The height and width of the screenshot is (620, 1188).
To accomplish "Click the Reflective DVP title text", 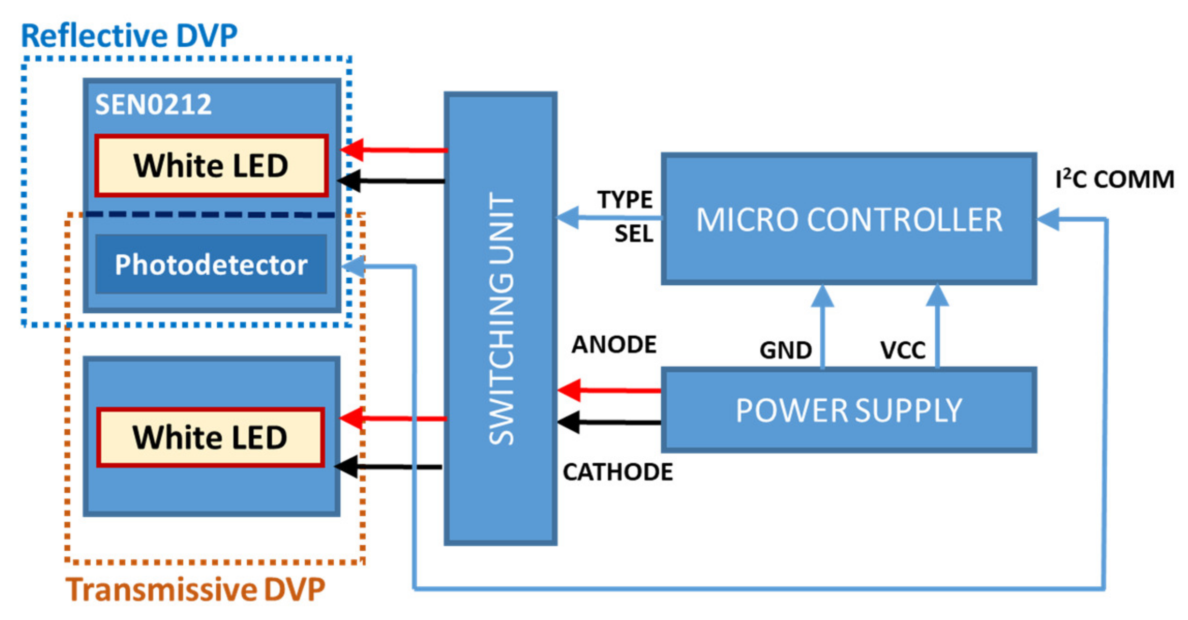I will point(129,36).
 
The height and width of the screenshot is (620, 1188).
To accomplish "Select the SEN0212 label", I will point(153,104).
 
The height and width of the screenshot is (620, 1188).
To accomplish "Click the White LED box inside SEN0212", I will point(211,166).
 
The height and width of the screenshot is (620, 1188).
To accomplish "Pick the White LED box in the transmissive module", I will point(210,438).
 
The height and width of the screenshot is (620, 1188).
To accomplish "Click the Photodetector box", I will point(211,265).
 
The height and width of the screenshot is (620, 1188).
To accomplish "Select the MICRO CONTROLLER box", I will point(849,219).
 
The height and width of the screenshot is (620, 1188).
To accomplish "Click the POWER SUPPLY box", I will point(849,410).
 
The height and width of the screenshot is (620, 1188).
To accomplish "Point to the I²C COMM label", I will point(1115,180).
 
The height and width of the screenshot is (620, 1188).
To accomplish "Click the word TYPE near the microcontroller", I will point(625,200).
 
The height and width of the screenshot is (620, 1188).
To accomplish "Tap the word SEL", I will point(634,234).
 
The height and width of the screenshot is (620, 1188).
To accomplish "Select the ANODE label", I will point(614,345).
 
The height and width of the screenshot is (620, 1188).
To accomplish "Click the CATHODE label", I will point(618,472).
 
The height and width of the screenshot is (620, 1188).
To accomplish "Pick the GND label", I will point(785,350).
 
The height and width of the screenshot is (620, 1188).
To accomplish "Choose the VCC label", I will point(902,350).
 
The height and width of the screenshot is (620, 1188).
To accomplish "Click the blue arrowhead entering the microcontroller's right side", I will point(1049,219).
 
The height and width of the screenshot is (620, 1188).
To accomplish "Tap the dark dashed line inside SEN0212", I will point(210,215).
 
